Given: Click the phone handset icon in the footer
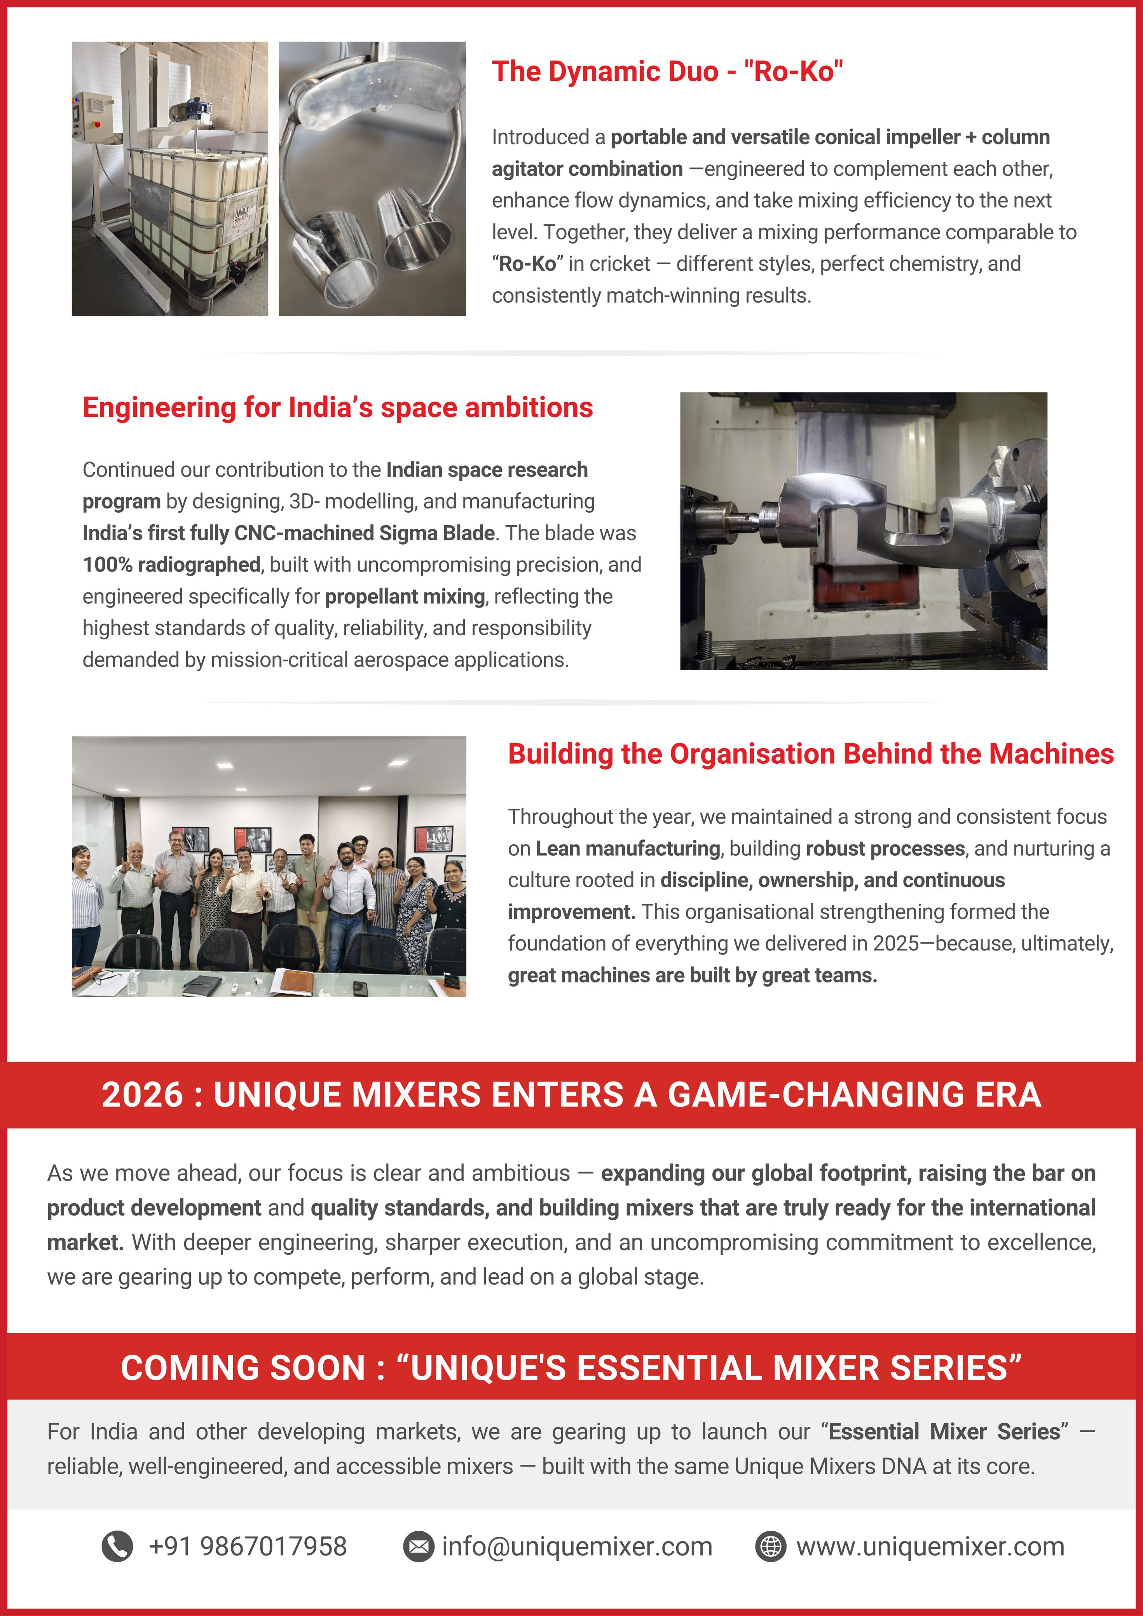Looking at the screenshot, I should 117,1546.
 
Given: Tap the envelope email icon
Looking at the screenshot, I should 418,1546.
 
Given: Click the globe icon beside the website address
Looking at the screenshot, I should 770,1546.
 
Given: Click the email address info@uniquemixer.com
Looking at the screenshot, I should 577,1546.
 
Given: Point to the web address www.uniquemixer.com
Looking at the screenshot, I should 930,1546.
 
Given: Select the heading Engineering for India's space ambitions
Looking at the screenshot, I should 337,407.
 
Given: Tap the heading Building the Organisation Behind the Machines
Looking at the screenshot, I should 811,754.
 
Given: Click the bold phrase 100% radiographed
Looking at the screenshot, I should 171,564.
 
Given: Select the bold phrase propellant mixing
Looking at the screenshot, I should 405,596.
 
